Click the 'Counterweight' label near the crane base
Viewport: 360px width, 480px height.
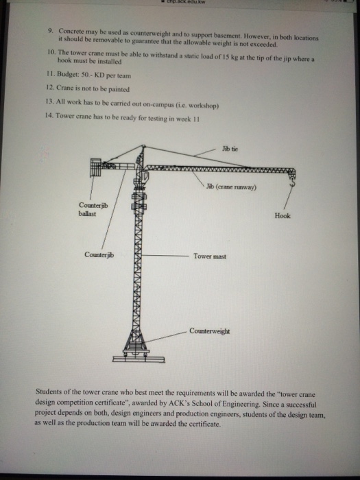[x=210, y=330]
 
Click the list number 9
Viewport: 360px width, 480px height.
[x=50, y=32]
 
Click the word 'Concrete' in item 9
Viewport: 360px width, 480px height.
[x=72, y=32]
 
